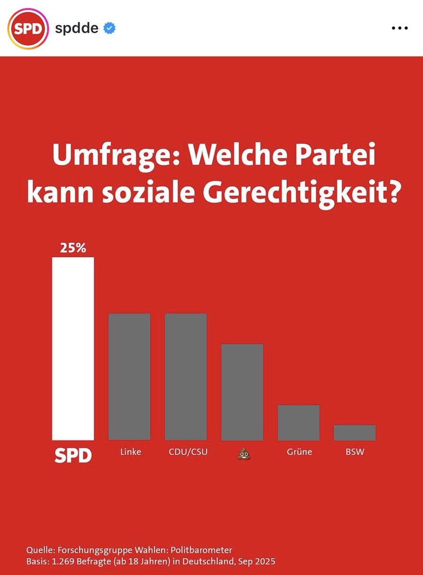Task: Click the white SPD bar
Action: (x=73, y=349)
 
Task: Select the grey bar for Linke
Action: (x=129, y=377)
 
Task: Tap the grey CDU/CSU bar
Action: (x=186, y=377)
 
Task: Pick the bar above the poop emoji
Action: (x=242, y=392)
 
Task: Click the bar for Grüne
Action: (x=299, y=423)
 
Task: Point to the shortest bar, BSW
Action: (x=354, y=433)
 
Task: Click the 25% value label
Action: (x=73, y=248)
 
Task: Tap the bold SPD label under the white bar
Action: (x=73, y=456)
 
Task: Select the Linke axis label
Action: (x=130, y=452)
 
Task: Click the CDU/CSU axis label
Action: (x=188, y=452)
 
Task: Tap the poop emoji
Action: (x=244, y=453)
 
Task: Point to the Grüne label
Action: (x=299, y=452)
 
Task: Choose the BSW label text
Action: (x=355, y=452)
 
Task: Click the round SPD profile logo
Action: (x=28, y=29)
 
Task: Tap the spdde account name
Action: (x=77, y=28)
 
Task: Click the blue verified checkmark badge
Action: (x=109, y=28)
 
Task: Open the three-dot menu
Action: (x=399, y=28)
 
